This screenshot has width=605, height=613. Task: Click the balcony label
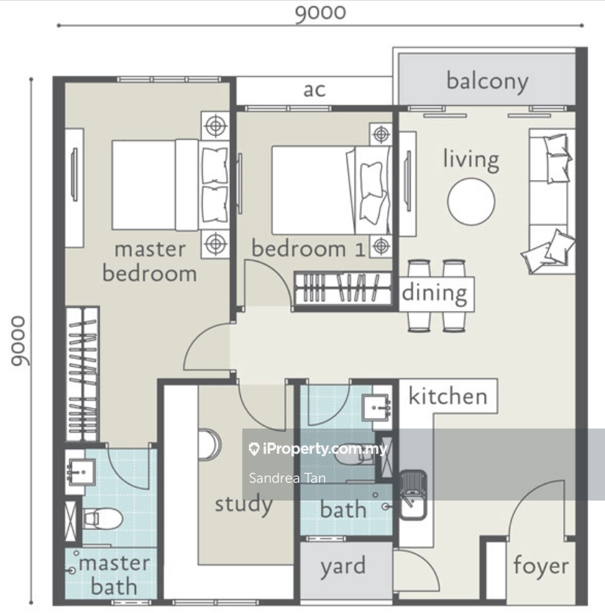click(487, 82)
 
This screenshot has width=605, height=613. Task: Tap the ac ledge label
click(314, 90)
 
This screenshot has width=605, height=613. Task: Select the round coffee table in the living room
click(471, 201)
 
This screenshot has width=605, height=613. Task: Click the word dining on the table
click(435, 293)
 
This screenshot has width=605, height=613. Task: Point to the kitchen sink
click(413, 495)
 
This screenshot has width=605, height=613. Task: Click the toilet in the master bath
click(102, 518)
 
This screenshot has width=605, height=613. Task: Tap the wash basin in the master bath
click(81, 472)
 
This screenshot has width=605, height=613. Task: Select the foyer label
click(541, 566)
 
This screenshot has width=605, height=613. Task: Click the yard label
click(343, 567)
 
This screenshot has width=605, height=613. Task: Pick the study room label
click(244, 504)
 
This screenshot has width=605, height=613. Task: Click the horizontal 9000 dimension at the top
click(320, 12)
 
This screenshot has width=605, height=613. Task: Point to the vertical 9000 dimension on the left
click(18, 341)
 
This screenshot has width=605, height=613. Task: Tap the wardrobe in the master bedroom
click(82, 374)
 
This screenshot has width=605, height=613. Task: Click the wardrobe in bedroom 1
click(343, 288)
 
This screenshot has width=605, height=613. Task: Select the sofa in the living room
click(551, 201)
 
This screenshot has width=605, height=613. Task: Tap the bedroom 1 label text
click(308, 249)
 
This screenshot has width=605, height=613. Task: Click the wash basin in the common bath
click(376, 408)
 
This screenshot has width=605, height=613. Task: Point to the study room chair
click(209, 445)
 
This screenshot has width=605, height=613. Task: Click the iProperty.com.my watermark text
click(318, 449)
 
